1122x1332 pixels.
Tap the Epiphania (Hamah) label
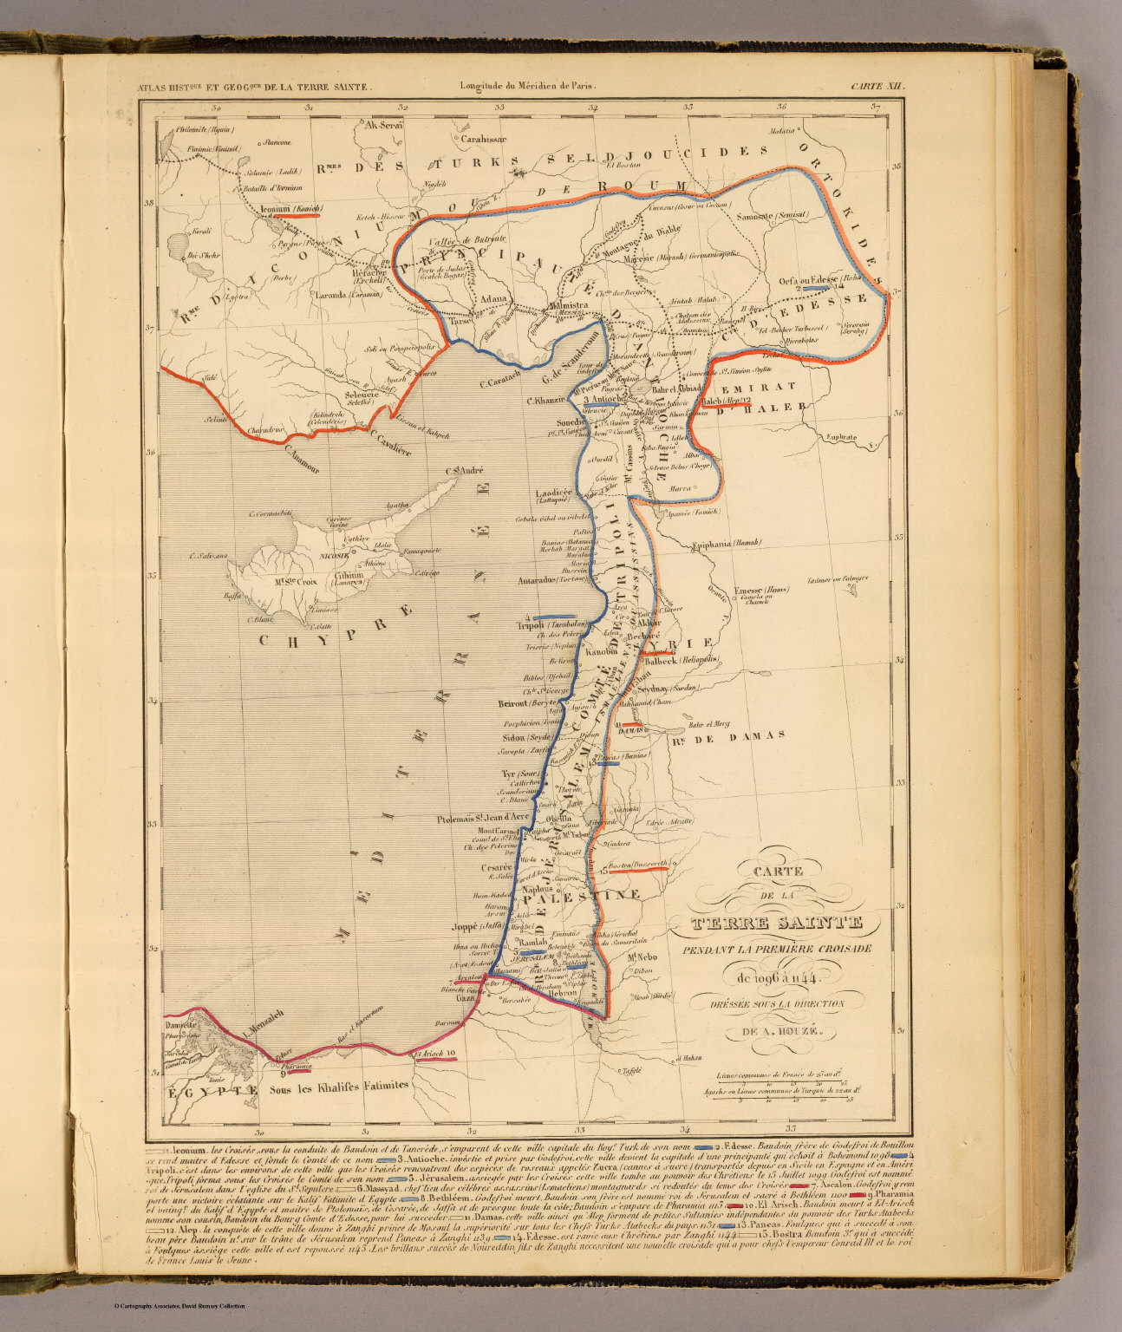[x=727, y=544]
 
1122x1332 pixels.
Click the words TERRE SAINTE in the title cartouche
[x=775, y=923]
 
